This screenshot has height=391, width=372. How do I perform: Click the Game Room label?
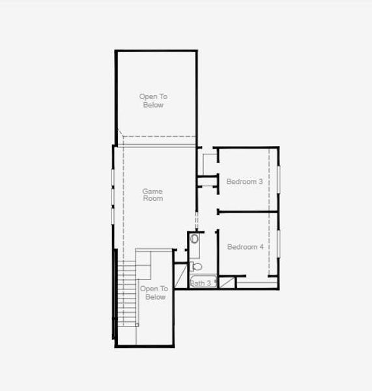pyautogui.click(x=152, y=195)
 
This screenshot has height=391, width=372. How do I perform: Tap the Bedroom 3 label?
pyautogui.click(x=244, y=182)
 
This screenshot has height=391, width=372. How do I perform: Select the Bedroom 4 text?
pyautogui.click(x=245, y=247)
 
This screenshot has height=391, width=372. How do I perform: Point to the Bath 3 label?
pyautogui.click(x=201, y=283)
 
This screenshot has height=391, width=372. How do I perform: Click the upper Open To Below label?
pyautogui.click(x=152, y=100)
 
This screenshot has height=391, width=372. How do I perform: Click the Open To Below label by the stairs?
pyautogui.click(x=154, y=293)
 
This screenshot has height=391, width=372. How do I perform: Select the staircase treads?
pyautogui.click(x=127, y=293)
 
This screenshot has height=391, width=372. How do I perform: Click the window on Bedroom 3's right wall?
pyautogui.click(x=279, y=179)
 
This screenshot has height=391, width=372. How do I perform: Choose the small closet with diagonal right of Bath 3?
pyautogui.click(x=227, y=282)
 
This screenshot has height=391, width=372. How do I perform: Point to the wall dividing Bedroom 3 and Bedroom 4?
pyautogui.click(x=248, y=211)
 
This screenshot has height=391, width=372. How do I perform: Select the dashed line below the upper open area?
pyautogui.click(x=156, y=136)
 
